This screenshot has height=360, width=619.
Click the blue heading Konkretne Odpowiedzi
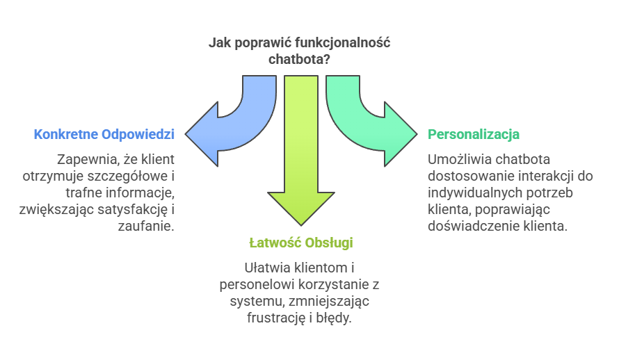point(104,133)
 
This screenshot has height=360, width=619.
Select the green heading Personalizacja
point(474,133)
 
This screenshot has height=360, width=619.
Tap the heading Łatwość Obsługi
point(300,243)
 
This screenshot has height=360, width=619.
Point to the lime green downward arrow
point(300,160)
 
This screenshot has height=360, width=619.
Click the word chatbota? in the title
point(300,60)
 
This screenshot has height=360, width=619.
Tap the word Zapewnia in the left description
point(85,158)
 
